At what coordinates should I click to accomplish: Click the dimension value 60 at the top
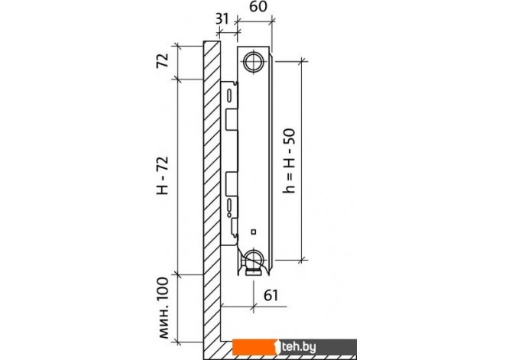pyautogui.click(x=258, y=7)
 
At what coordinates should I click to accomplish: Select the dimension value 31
pyautogui.click(x=222, y=19)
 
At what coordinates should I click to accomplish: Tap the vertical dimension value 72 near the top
pyautogui.click(x=163, y=60)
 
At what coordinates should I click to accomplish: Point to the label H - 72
pyautogui.click(x=163, y=176)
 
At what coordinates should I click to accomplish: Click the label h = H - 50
pyautogui.click(x=289, y=161)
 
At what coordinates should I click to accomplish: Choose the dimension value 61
pyautogui.click(x=271, y=295)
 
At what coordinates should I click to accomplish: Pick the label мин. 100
pyautogui.click(x=164, y=308)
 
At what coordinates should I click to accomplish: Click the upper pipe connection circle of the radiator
pyautogui.click(x=254, y=61)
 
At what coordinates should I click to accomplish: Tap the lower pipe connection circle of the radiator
pyautogui.click(x=254, y=258)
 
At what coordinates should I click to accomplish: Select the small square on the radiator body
pyautogui.click(x=254, y=232)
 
